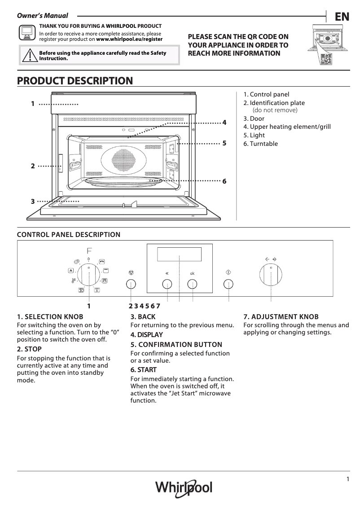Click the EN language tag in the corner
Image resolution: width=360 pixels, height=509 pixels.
[342, 17]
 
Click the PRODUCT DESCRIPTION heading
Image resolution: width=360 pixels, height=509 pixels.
[75, 81]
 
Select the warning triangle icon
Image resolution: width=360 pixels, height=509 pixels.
[29, 55]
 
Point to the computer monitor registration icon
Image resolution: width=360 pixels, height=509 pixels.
[27, 33]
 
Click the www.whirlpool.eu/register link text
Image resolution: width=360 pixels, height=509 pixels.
[129, 39]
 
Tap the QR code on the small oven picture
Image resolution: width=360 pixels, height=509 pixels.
[326, 59]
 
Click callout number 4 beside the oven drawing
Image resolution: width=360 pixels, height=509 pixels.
[224, 123]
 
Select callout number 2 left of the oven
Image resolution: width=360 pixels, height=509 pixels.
[33, 166]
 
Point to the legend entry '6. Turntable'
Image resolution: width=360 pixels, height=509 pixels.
[261, 144]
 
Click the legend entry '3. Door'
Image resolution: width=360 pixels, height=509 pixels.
[254, 118]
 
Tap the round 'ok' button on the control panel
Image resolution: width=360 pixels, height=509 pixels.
[192, 284]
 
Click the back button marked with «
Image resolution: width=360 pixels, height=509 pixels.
[167, 284]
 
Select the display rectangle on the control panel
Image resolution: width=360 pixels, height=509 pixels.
[179, 254]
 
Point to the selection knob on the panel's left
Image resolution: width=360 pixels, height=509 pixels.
[89, 274]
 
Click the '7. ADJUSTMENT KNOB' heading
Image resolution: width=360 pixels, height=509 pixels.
[281, 316]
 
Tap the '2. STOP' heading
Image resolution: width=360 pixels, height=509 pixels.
[29, 349]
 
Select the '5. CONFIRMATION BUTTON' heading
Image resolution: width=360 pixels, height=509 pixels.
[176, 344]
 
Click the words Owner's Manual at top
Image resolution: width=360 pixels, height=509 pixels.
[43, 16]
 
